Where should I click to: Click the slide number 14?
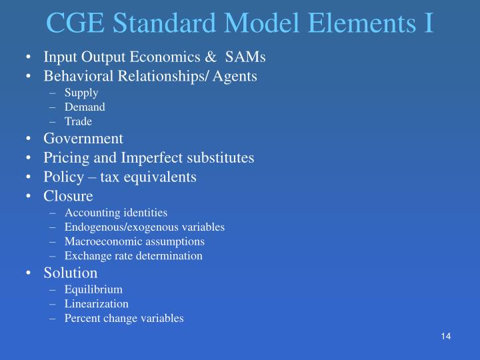pos(446,335)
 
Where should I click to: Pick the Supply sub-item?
pos(81,93)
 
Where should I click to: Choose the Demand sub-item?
pos(85,107)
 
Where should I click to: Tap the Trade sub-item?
pos(78,121)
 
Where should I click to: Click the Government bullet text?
pos(83,139)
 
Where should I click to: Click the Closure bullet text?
pos(69,196)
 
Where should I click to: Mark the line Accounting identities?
pos(116,213)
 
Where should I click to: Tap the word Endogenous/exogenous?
pos(121,227)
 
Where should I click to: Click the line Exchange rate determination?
pos(133,255)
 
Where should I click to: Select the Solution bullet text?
pos(71,273)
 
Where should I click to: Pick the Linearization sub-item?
pos(97,303)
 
